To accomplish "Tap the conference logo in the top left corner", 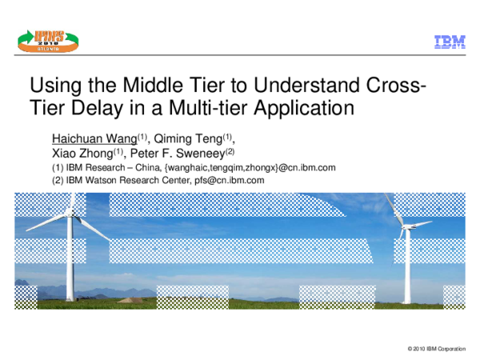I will [x=46, y=38].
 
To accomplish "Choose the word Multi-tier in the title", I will [x=208, y=106].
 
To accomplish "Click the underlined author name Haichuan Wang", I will [x=94, y=138].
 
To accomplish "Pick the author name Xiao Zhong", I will [x=80, y=153].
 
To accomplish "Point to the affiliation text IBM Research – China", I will [x=111, y=167].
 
